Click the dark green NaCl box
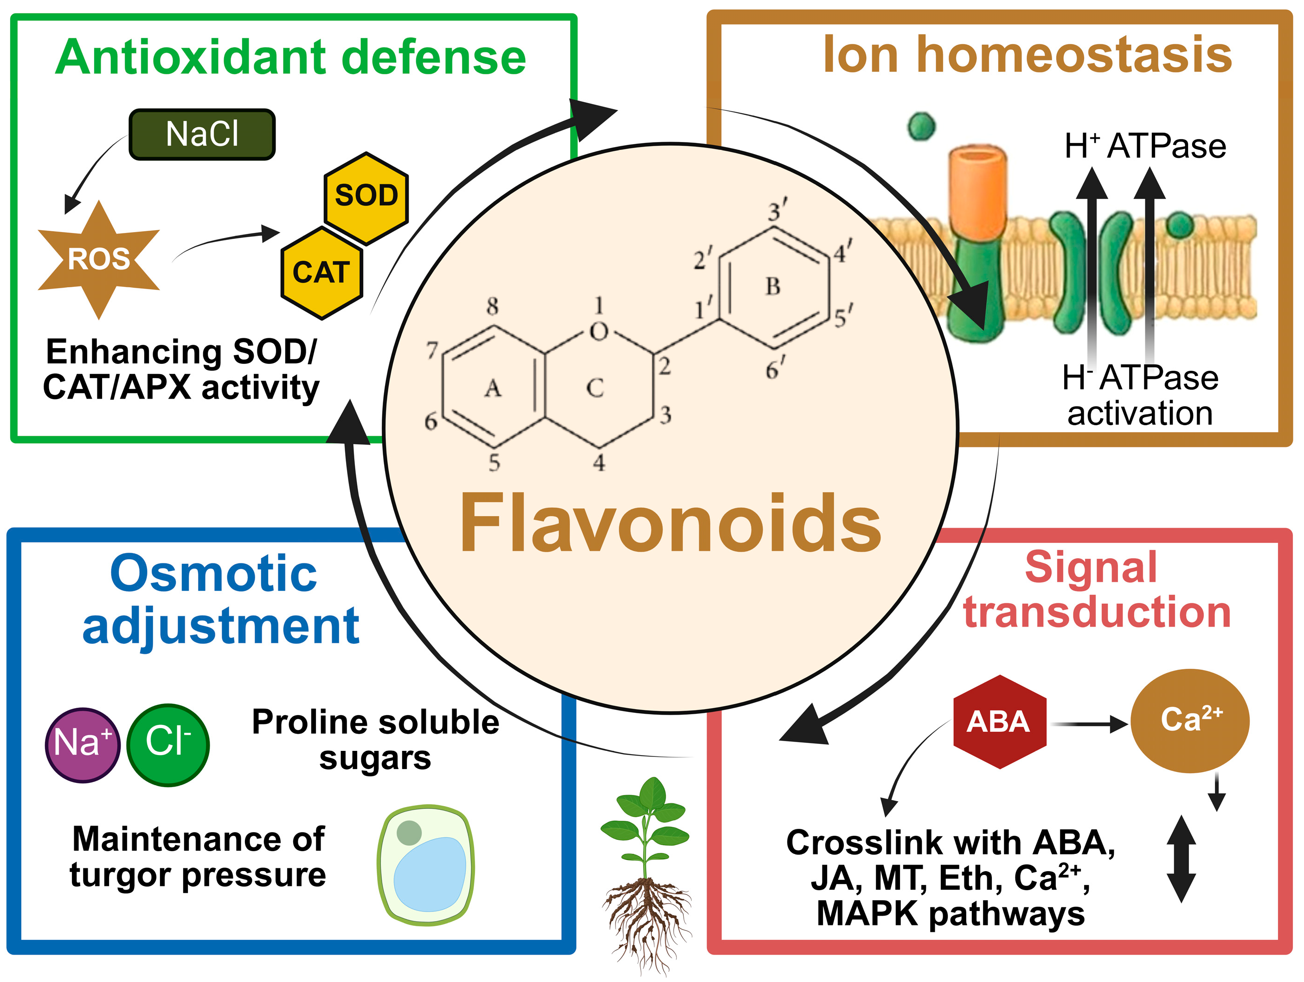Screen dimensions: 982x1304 click(x=202, y=135)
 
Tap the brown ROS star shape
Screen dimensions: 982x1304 click(x=99, y=259)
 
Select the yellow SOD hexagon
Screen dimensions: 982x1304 click(x=366, y=198)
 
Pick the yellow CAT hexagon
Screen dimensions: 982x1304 click(x=321, y=273)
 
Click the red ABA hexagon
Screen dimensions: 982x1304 click(x=999, y=722)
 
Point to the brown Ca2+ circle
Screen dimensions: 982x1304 click(x=1189, y=721)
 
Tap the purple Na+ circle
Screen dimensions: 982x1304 click(x=83, y=744)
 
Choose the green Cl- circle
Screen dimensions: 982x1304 click(x=168, y=744)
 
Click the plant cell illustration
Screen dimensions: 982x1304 click(x=426, y=865)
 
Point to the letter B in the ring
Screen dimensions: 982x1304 click(x=773, y=287)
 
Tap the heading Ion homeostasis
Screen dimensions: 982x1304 click(x=1027, y=55)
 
